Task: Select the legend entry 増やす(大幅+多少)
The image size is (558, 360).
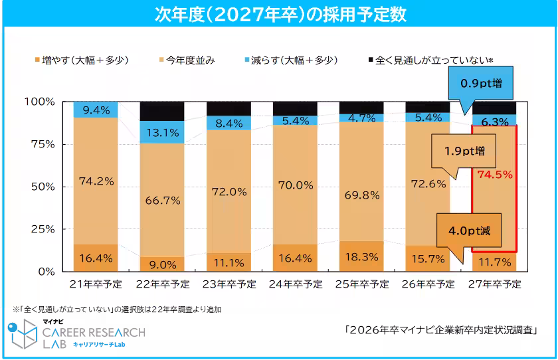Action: [x=86, y=60]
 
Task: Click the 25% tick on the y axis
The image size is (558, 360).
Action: [x=42, y=229]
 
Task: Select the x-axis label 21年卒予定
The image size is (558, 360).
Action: [x=96, y=284]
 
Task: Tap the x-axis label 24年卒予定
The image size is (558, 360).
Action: [x=295, y=284]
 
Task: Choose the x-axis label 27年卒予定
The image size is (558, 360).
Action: [x=494, y=284]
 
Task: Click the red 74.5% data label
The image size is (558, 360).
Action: [x=494, y=175]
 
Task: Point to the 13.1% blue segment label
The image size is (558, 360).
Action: [x=162, y=132]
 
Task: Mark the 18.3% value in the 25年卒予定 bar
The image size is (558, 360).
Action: [x=361, y=256]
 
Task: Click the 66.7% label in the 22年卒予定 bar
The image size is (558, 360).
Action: [x=162, y=200]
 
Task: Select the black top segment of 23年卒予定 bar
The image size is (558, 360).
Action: [x=229, y=108]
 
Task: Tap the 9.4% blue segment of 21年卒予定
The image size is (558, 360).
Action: [x=96, y=110]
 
